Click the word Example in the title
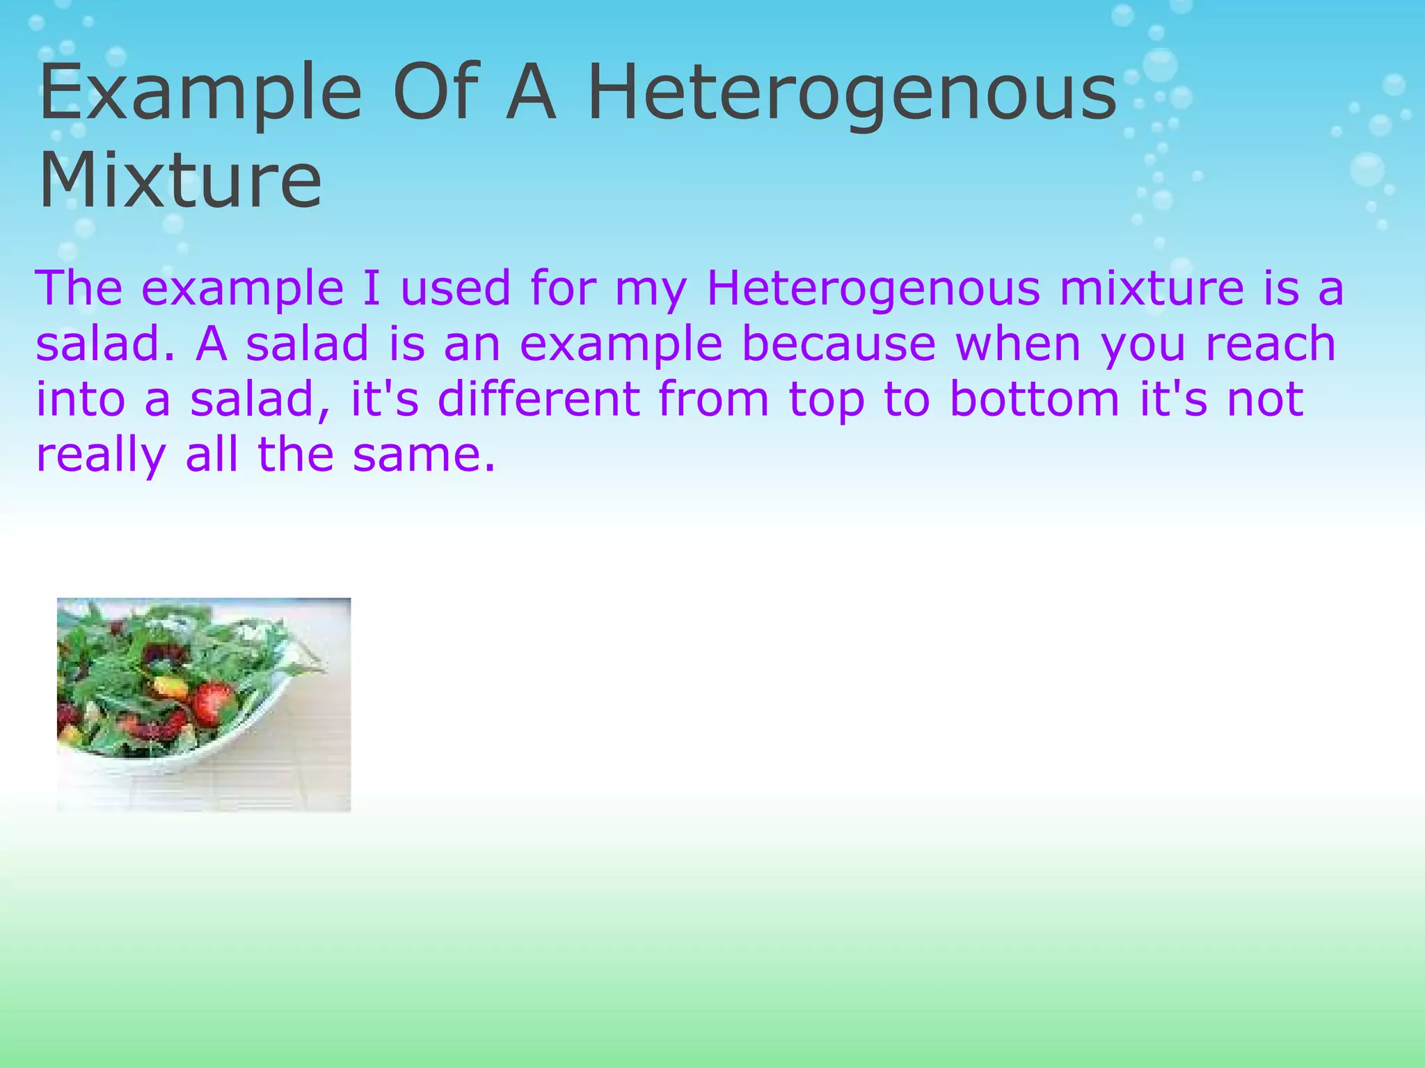click(x=200, y=94)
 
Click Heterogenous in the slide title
click(x=852, y=94)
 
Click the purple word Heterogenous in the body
click(x=873, y=289)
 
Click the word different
click(x=539, y=400)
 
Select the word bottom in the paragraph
click(x=1035, y=400)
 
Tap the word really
click(x=101, y=455)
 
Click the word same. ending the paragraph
click(x=424, y=455)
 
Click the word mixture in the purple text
click(x=1152, y=289)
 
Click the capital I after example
click(x=372, y=289)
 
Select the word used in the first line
click(x=456, y=289)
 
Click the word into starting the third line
click(x=80, y=400)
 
